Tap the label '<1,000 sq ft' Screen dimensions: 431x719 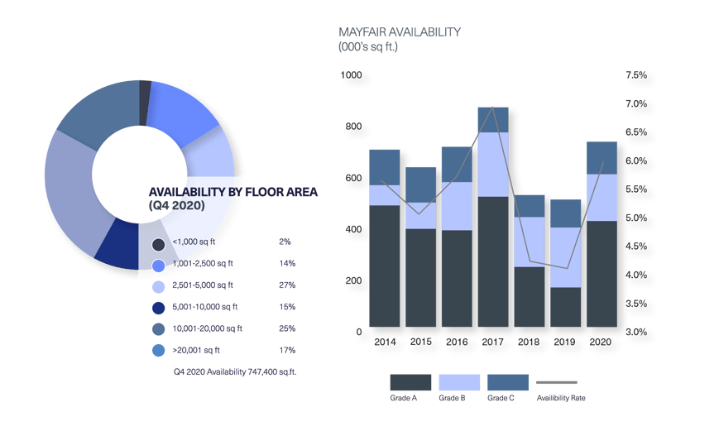197,242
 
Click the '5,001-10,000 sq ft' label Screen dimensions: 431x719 208,307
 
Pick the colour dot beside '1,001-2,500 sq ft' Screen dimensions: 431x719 158,266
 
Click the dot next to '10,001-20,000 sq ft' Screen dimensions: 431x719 158,329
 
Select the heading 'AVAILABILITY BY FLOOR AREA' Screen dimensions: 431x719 232,191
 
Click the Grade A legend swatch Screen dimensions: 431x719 411,382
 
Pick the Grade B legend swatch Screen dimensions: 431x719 459,382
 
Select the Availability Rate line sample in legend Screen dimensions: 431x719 556,383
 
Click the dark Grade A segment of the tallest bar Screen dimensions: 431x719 492,261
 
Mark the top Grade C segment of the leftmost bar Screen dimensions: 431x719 384,166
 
